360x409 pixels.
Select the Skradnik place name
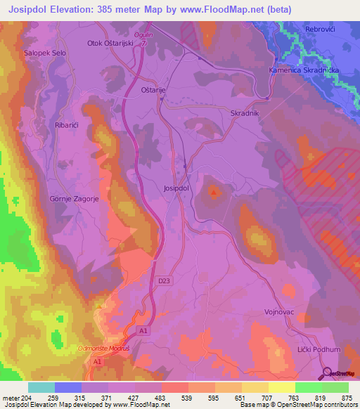245,112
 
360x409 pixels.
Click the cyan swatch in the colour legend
41,387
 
